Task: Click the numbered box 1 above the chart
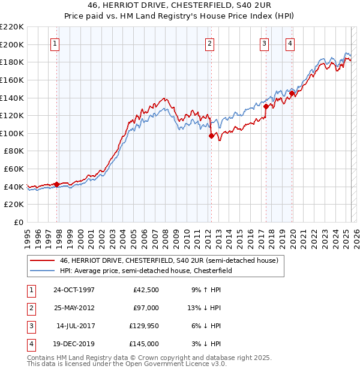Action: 55,43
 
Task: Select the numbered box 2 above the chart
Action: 209,43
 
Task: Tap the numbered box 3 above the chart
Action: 264,43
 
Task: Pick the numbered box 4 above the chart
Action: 290,43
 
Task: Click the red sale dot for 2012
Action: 211,136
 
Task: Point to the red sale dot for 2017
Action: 265,106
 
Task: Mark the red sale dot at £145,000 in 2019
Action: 292,93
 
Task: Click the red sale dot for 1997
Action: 56,184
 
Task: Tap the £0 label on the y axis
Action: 18,222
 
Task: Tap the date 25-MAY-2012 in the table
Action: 74,308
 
